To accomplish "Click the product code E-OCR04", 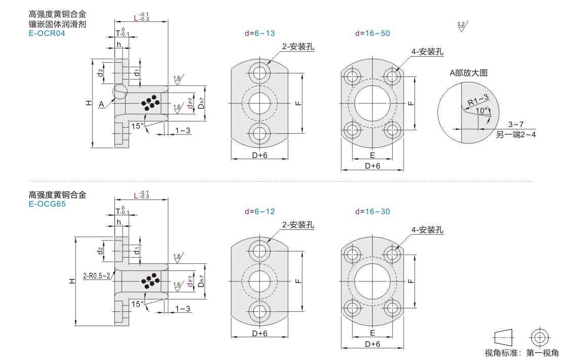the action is (x=47, y=33).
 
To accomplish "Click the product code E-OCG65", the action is (x=47, y=204).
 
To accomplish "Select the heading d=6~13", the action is (x=260, y=33).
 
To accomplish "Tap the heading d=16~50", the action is (x=373, y=33).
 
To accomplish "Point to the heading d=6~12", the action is (x=260, y=212).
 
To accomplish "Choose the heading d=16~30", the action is (x=373, y=212).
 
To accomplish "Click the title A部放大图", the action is (x=468, y=73).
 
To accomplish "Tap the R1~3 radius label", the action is (x=478, y=100).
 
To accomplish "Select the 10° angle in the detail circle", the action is (x=481, y=111).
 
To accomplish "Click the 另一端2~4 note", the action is (x=516, y=135).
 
